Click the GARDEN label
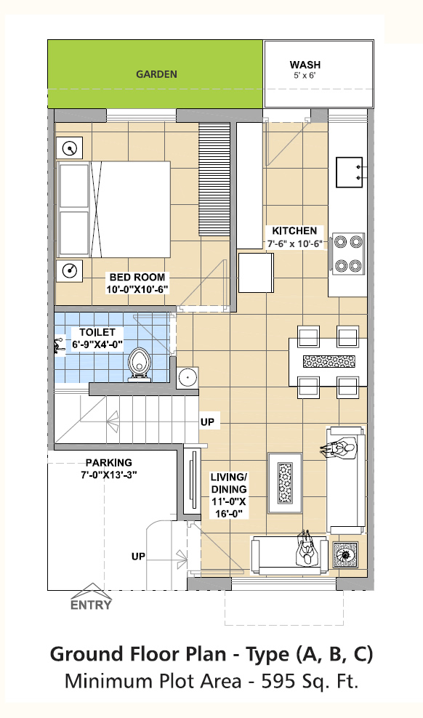coord(156,74)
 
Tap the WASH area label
coord(305,65)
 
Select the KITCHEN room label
coord(294,231)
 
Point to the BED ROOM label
coord(137,278)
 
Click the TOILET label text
coord(97,332)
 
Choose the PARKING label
coord(109,463)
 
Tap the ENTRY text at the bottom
coord(91,605)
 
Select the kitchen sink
coord(350,172)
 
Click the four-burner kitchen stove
coord(348,254)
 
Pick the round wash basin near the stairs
coord(188,378)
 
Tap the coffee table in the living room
coord(285,483)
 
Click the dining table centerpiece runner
coord(329,361)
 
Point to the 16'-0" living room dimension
coord(229,514)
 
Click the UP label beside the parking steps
coord(138,557)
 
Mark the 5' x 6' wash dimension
coord(305,76)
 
